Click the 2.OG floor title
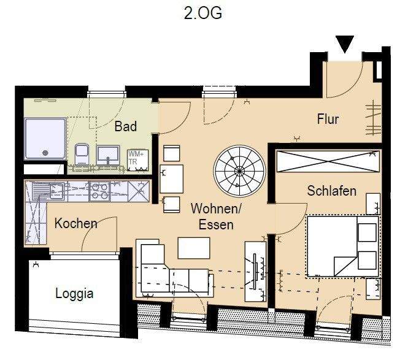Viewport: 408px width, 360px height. pyautogui.click(x=202, y=13)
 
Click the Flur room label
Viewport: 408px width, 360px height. pyautogui.click(x=328, y=119)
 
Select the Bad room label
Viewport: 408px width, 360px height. pyautogui.click(x=126, y=126)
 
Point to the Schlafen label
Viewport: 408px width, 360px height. pyautogui.click(x=331, y=191)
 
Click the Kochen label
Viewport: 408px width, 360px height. pyautogui.click(x=75, y=223)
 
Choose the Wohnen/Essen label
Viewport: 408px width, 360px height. pyautogui.click(x=215, y=217)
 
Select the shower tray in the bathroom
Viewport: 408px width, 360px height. pyautogui.click(x=44, y=139)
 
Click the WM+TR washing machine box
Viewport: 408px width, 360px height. pyautogui.click(x=135, y=158)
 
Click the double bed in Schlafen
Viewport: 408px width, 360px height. pyautogui.click(x=342, y=245)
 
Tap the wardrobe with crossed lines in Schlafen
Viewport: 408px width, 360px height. pyautogui.click(x=328, y=162)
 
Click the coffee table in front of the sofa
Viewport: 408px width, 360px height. pyautogui.click(x=193, y=248)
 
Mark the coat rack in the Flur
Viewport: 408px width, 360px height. pyautogui.click(x=373, y=119)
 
